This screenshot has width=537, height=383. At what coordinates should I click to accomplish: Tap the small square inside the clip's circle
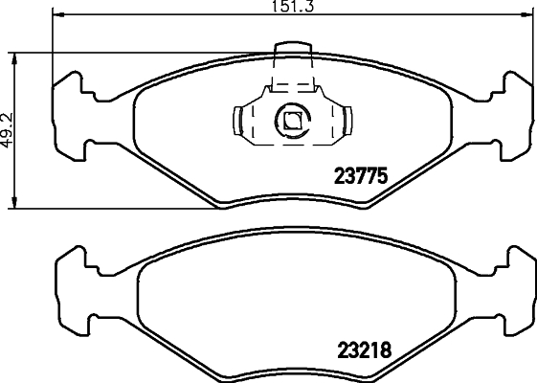tap(290, 120)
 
